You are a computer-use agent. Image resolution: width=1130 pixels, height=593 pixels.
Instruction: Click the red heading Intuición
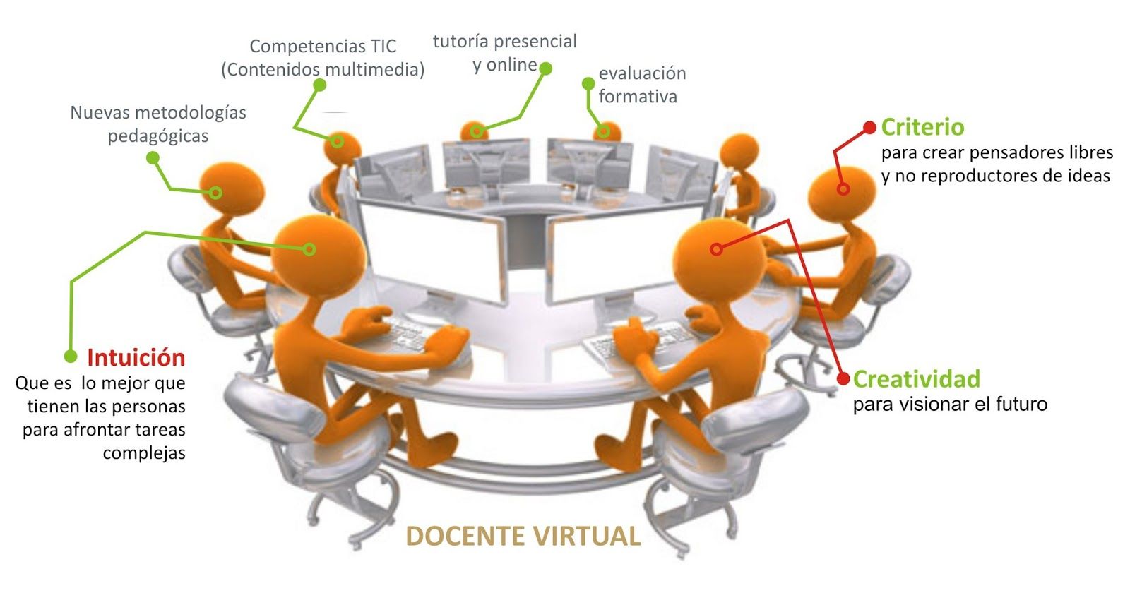point(136,358)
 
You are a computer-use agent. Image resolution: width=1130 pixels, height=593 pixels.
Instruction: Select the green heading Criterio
point(922,127)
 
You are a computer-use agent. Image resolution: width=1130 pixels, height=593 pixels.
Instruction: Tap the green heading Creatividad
point(916,379)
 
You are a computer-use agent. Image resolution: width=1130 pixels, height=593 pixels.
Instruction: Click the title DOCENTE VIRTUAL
point(523,536)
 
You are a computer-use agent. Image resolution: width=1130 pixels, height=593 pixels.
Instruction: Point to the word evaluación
point(642,73)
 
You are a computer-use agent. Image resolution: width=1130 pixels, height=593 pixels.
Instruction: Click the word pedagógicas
point(158,136)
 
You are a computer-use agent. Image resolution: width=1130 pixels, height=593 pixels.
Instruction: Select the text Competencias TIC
point(323,47)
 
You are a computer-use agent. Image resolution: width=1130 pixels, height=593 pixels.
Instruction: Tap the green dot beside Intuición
point(71,357)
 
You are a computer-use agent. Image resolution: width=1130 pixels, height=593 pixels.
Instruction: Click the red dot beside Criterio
point(870,128)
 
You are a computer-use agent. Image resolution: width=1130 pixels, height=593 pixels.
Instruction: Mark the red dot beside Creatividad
point(843,379)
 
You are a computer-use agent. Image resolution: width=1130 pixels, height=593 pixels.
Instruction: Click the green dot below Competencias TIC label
point(319,85)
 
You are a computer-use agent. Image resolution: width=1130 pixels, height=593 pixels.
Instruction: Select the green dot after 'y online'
point(545,68)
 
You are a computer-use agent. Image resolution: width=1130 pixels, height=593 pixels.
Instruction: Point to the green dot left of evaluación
point(588,83)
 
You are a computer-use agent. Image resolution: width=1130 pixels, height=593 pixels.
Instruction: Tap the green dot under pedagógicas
point(153,159)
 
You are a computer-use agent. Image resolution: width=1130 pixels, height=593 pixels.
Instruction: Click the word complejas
point(144,453)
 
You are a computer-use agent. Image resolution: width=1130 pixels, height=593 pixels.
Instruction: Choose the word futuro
point(1021,405)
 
